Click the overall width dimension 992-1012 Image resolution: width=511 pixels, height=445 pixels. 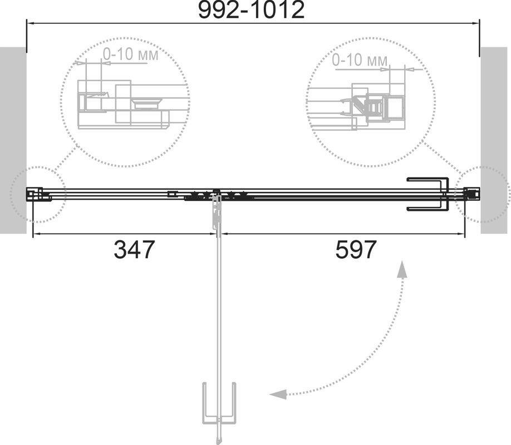click(x=251, y=10)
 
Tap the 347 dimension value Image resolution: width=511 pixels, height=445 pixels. click(x=134, y=250)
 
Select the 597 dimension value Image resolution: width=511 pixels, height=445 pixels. click(x=356, y=250)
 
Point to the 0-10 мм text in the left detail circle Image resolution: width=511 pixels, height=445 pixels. click(x=131, y=55)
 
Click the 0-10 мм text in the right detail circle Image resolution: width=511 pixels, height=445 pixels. click(x=360, y=60)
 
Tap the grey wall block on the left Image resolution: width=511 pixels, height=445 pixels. click(x=13, y=140)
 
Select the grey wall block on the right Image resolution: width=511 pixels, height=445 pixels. click(x=495, y=140)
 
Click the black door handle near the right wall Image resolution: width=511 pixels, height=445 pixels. click(x=428, y=194)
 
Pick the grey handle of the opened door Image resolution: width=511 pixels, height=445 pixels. click(x=219, y=403)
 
